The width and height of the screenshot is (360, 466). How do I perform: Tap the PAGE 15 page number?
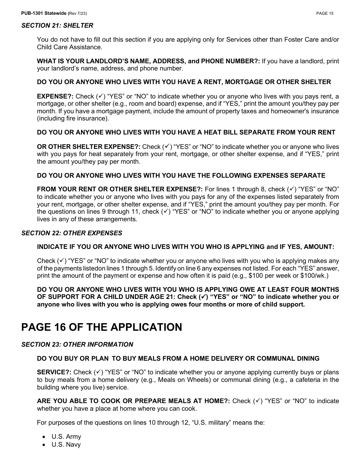pyautogui.click(x=325, y=14)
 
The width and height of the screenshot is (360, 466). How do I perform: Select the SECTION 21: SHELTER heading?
pyautogui.click(x=57, y=26)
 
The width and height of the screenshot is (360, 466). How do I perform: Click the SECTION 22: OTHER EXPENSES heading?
pyautogui.click(x=72, y=233)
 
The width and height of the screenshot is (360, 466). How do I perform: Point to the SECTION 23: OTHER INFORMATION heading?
pyautogui.click(x=77, y=344)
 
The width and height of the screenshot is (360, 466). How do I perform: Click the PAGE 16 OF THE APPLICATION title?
pyautogui.click(x=102, y=327)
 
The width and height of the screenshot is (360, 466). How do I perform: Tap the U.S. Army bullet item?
pyautogui.click(x=66, y=436)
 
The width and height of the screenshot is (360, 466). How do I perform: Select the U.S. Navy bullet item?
pyautogui.click(x=66, y=444)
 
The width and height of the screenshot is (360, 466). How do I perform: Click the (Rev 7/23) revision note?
pyautogui.click(x=77, y=14)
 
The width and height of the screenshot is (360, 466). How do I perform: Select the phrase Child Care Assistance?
pyautogui.click(x=69, y=47)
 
